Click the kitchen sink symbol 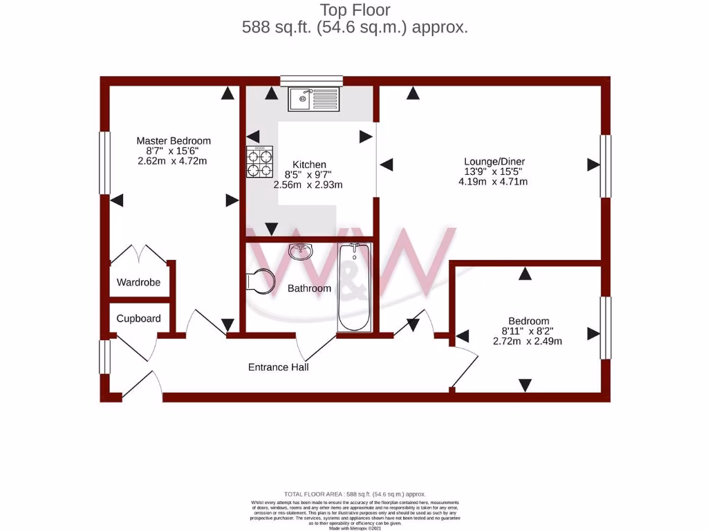[314, 99]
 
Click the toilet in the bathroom [257, 281]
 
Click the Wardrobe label [138, 282]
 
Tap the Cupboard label [138, 319]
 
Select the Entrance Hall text [278, 367]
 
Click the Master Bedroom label [174, 140]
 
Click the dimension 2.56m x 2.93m [308, 185]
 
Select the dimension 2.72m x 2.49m [527, 341]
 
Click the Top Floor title [355, 10]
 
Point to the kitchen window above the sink [311, 81]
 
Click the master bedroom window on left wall [104, 162]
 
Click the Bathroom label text [309, 288]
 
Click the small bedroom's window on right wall [605, 328]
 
